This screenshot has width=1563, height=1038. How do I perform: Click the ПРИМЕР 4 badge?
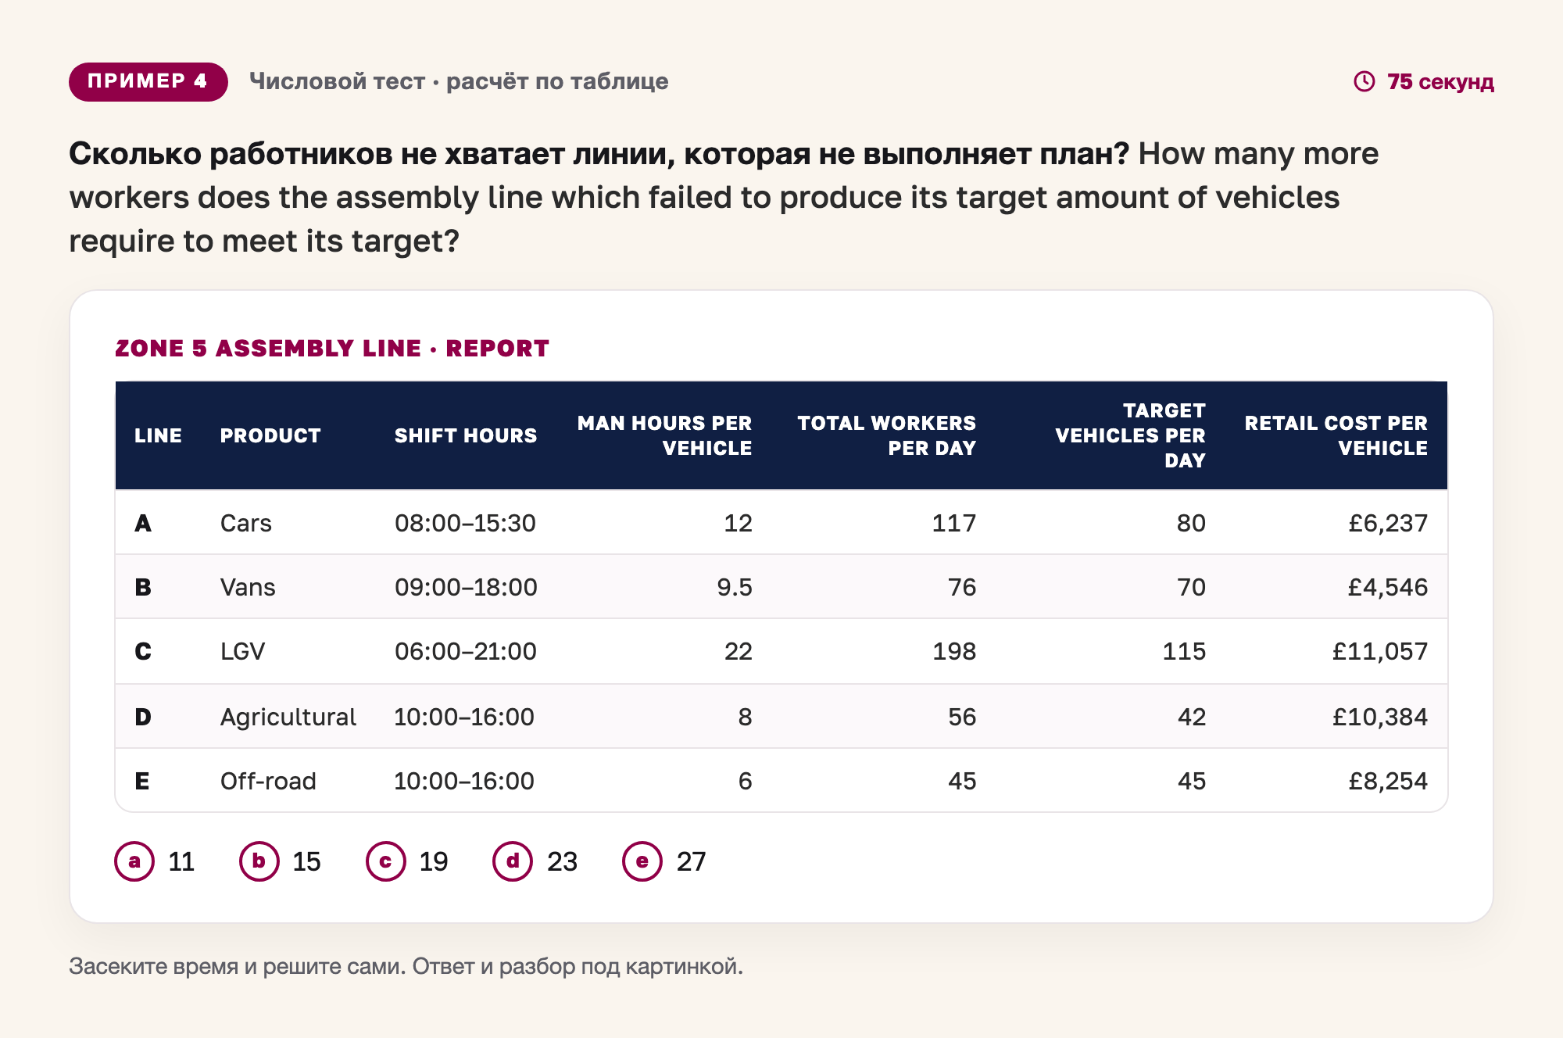[148, 81]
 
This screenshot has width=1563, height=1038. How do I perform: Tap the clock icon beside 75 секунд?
[1364, 81]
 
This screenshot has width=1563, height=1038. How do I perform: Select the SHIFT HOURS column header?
[465, 435]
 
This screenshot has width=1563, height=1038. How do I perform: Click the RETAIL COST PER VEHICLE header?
[1336, 435]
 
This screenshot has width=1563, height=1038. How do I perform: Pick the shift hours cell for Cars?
[465, 523]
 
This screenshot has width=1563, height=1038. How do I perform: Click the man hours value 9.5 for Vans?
[735, 587]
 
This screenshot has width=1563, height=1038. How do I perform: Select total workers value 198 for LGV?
[954, 651]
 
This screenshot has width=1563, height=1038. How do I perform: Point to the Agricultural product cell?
[288, 717]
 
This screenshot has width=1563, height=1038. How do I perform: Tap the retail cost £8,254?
[1388, 781]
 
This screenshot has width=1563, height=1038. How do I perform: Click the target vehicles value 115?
[1184, 651]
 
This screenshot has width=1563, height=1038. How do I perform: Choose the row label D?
[143, 717]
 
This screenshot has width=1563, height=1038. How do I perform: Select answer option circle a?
[134, 861]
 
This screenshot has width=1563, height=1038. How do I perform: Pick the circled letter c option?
[386, 861]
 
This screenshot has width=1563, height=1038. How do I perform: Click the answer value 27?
[691, 861]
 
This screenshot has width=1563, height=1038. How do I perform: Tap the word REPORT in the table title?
[497, 349]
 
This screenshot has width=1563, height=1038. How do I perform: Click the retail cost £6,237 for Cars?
[1388, 523]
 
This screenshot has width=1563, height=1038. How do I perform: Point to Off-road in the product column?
[268, 781]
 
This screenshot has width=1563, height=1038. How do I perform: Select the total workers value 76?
[962, 587]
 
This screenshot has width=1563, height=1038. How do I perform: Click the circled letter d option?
[513, 861]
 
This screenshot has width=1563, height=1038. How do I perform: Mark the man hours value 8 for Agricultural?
[745, 717]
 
